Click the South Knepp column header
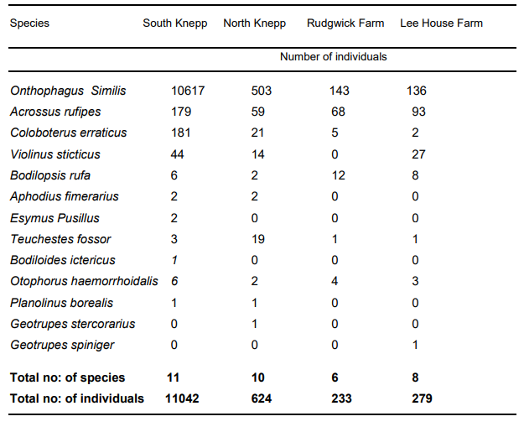[174, 23]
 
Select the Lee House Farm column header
[442, 23]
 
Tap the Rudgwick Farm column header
[345, 23]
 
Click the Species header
[29, 23]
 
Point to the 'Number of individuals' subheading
[334, 57]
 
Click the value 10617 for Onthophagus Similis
[188, 91]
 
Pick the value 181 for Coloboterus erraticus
[179, 133]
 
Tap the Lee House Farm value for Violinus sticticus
[418, 154]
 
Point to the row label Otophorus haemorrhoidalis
[84, 281]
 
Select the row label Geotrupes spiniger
[62, 345]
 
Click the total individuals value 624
[262, 398]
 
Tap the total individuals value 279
[422, 398]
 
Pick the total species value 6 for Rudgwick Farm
[334, 377]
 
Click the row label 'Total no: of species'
[67, 377]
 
